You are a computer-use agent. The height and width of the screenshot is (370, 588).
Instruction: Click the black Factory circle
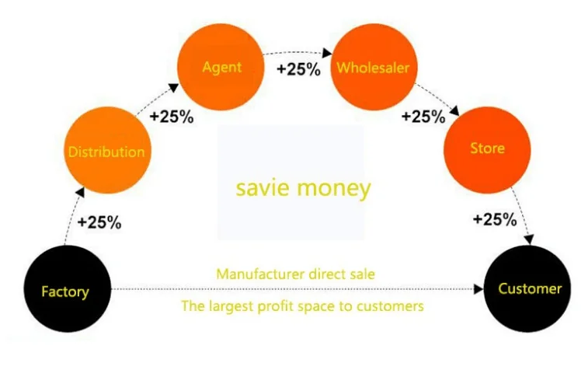(65, 291)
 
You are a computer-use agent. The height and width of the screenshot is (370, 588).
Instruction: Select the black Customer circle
(529, 289)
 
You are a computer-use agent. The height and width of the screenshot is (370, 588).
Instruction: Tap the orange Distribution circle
(106, 151)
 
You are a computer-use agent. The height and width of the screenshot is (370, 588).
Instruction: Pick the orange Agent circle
(221, 67)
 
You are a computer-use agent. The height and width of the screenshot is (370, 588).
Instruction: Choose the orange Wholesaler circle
(372, 67)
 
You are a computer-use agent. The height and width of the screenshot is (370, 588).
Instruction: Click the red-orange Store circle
(487, 148)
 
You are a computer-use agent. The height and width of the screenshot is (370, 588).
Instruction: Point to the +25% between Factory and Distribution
(99, 222)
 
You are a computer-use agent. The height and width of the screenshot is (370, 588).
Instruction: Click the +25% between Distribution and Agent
(172, 117)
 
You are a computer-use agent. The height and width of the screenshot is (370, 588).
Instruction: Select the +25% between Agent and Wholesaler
(298, 68)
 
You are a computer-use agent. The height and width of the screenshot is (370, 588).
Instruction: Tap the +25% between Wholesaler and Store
(423, 117)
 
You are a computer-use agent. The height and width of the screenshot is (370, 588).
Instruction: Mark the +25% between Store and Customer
(495, 219)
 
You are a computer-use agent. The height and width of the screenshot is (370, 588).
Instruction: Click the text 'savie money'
(303, 188)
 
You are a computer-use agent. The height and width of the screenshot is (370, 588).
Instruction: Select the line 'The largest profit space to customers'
(302, 306)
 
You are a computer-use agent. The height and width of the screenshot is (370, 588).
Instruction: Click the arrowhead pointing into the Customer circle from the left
(478, 289)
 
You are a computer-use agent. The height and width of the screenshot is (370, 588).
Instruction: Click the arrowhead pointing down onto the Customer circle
(530, 240)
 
